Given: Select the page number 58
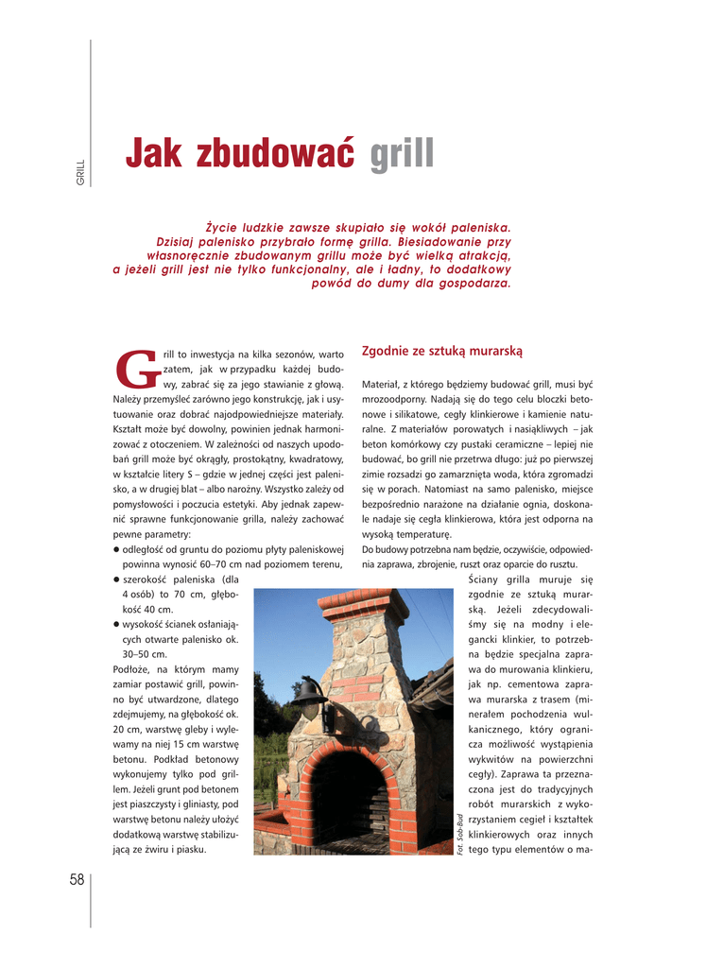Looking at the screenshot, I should [77, 879].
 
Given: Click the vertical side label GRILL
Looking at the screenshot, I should [81, 172].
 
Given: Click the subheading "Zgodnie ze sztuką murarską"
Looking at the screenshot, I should [441, 352].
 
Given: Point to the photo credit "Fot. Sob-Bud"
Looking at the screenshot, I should [460, 833].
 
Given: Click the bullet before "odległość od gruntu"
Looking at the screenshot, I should [115, 549].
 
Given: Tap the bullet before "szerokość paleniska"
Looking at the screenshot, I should [115, 579].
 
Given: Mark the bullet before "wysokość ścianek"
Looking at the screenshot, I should [115, 625].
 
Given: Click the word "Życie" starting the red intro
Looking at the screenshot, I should [222, 228].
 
